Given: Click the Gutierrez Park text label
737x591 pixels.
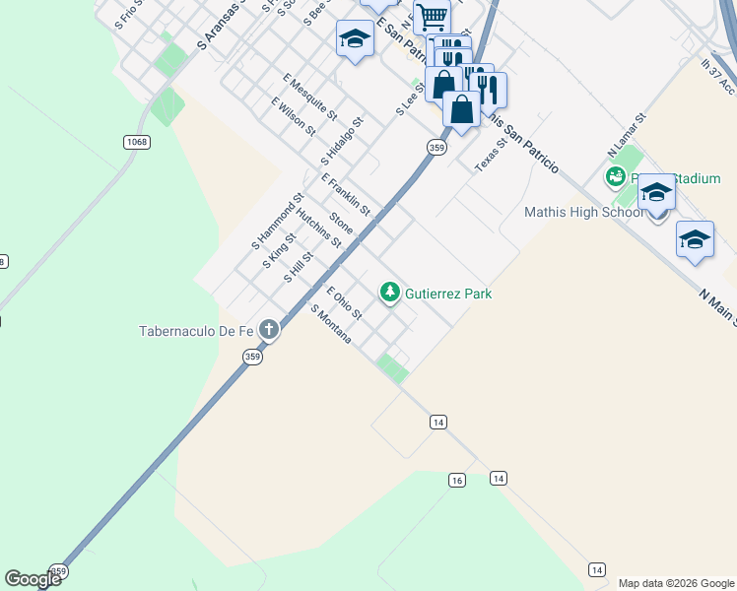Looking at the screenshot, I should (447, 294).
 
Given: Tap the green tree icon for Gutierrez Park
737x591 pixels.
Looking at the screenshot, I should (390, 292).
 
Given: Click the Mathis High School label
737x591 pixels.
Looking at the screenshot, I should (585, 212).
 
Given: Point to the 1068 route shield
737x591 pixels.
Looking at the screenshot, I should (137, 143).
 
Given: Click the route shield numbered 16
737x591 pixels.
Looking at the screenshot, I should (455, 480).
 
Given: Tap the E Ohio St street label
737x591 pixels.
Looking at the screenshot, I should (345, 303).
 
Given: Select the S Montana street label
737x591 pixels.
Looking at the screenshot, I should (331, 323).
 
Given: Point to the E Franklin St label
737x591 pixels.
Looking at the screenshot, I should (345, 194).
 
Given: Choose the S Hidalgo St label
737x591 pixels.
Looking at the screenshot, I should (342, 142).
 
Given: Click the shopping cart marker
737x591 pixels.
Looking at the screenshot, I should (432, 17).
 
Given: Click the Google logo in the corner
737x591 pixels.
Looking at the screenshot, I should (33, 579).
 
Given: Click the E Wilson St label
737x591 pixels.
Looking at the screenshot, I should (293, 116).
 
